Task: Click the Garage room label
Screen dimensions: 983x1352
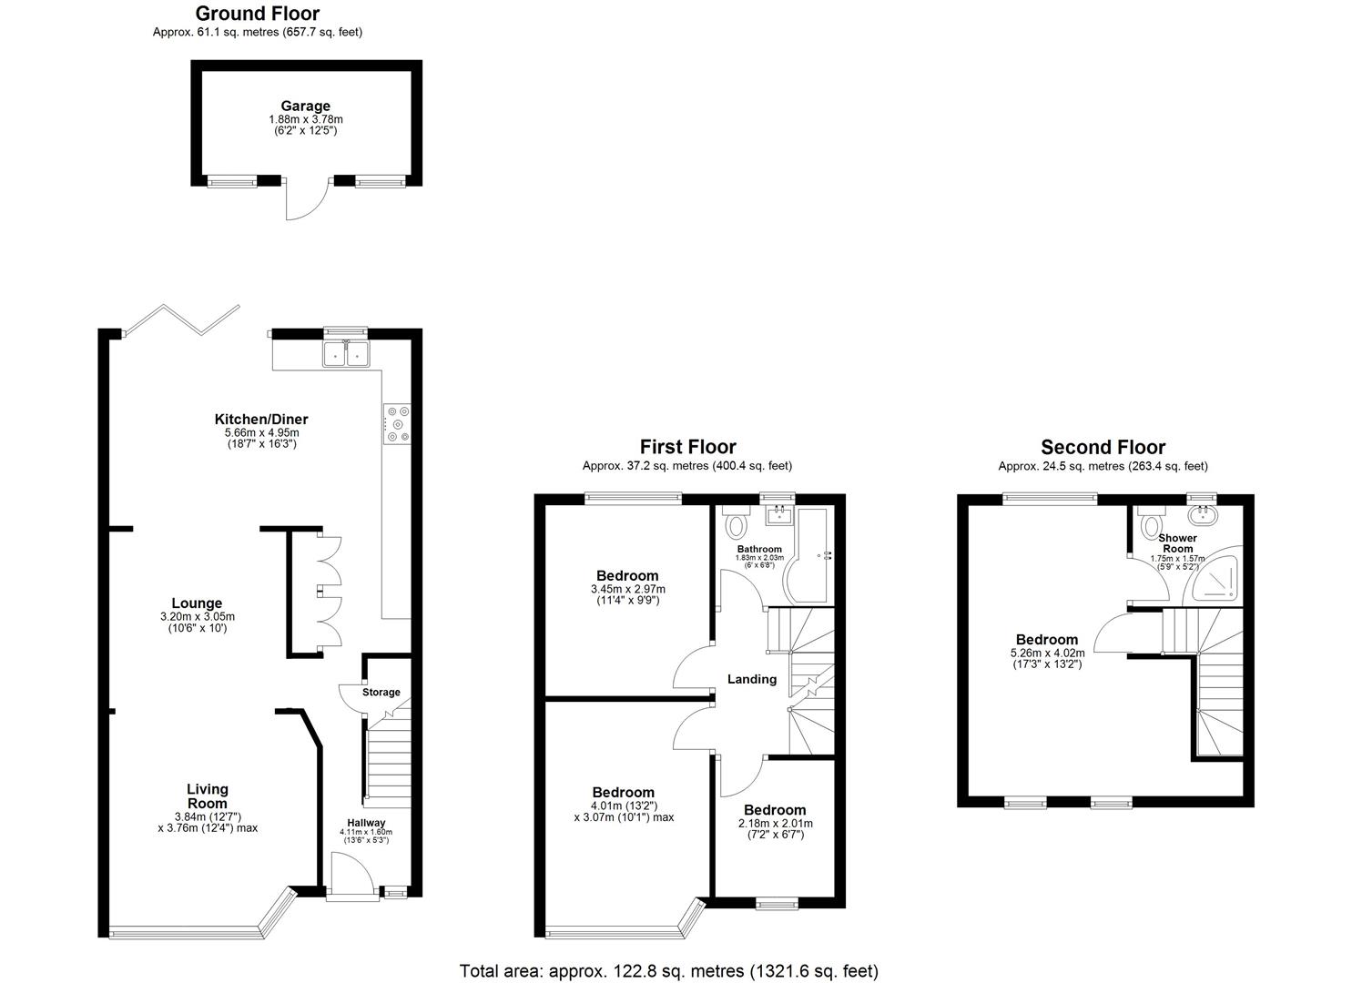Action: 305,106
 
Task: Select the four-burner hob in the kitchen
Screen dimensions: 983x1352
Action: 397,423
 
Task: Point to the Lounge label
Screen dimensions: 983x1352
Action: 197,603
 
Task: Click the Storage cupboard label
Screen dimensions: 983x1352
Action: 381,693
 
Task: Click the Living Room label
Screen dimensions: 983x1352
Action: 208,796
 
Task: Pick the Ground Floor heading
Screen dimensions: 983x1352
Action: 258,14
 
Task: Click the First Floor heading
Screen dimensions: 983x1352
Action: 687,447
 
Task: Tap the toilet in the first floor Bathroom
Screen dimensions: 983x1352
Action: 736,525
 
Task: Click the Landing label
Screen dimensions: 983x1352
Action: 751,679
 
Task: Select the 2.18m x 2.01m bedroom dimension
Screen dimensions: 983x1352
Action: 775,823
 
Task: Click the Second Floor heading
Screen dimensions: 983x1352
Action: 1103,447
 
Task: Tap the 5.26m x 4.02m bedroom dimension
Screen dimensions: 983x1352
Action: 1047,653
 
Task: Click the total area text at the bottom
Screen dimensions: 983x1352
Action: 668,971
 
